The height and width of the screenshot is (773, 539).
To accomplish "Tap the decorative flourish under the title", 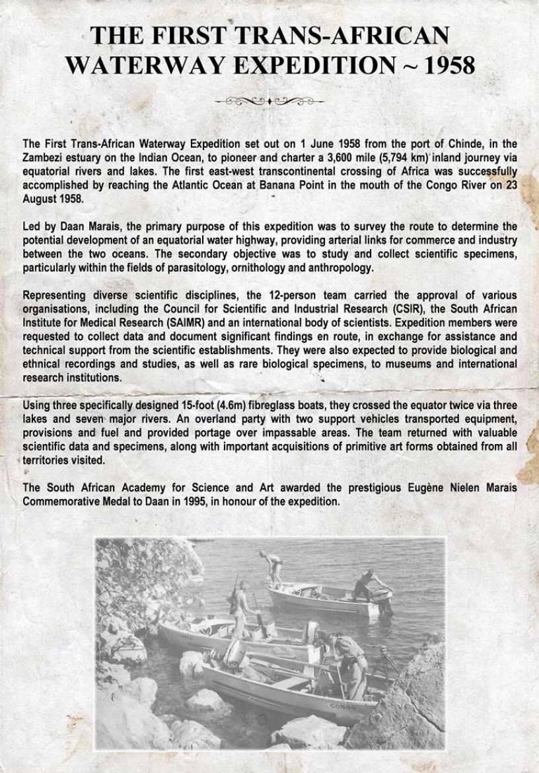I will (269, 101).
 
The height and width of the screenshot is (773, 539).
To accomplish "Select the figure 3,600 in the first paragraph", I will (341, 156).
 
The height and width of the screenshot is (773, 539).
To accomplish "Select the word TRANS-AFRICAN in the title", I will (342, 36).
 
